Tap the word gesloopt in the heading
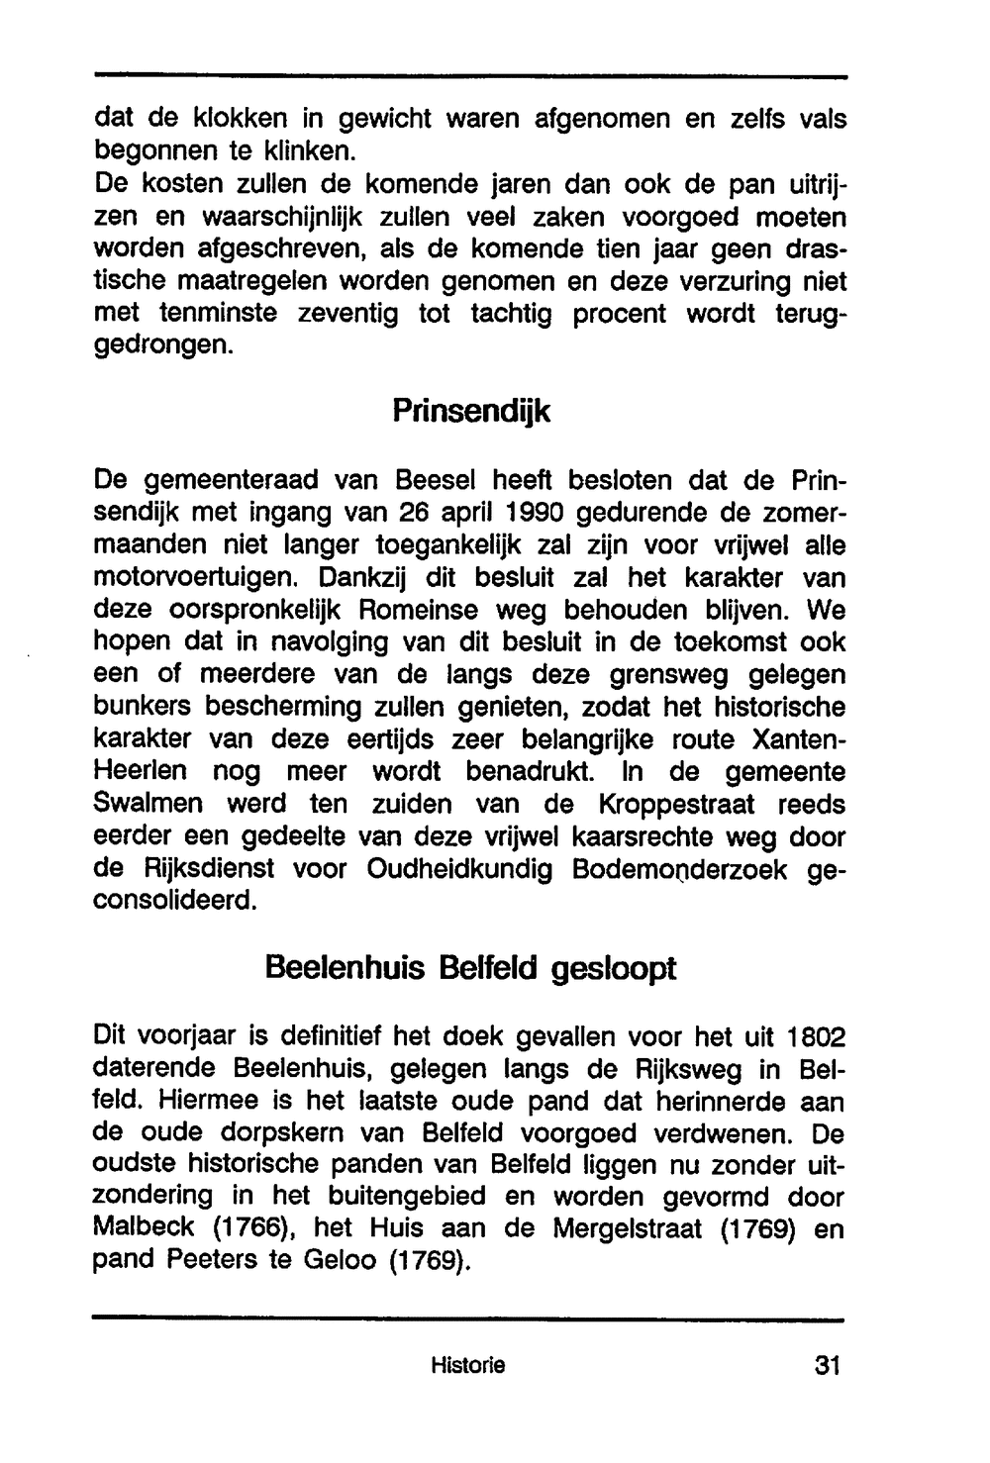point(614,967)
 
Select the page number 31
point(827,1366)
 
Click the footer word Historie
point(468,1366)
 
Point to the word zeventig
point(347,314)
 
